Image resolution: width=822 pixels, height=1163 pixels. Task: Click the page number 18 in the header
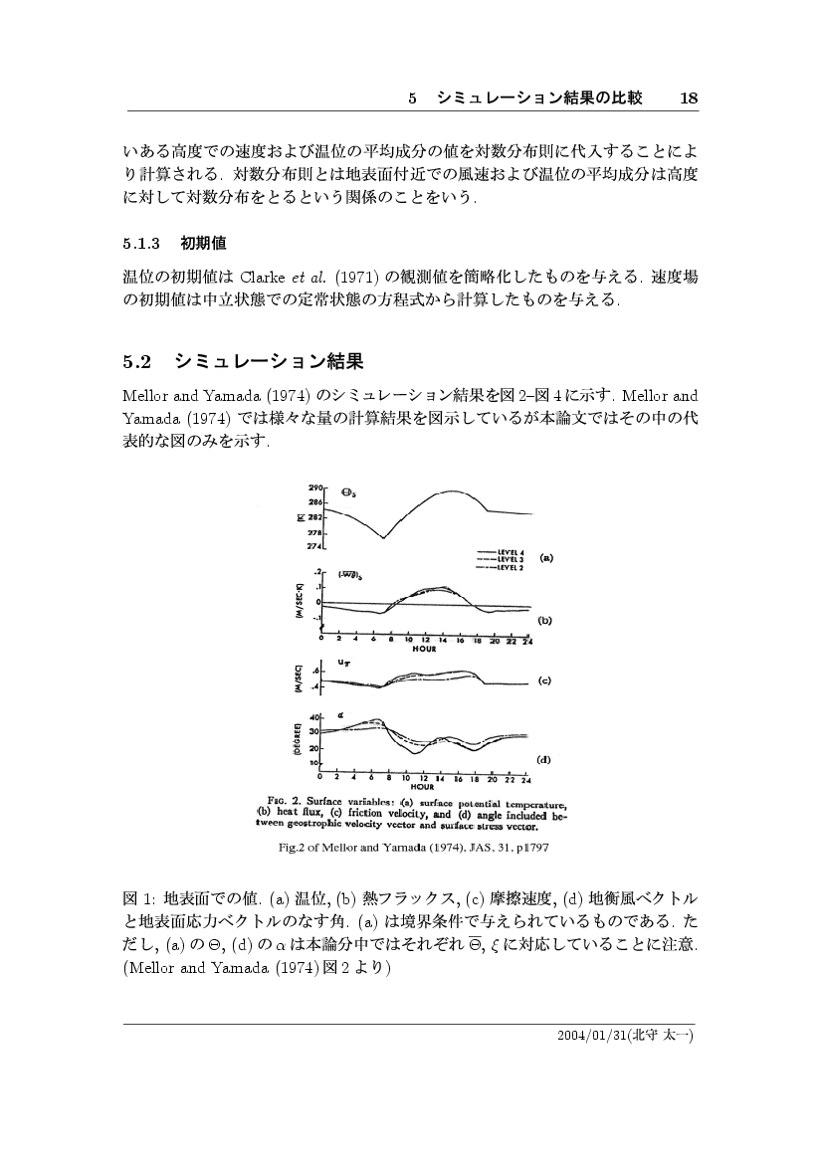[690, 97]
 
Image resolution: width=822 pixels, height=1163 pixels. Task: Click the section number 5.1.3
[139, 243]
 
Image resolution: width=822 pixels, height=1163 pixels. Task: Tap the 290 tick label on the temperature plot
[317, 489]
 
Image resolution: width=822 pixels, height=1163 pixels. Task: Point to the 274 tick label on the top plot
[317, 546]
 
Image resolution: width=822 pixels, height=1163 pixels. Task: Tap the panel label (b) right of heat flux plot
[544, 619]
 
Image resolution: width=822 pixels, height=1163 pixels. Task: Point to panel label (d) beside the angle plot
[544, 760]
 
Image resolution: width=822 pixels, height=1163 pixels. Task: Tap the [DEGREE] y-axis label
[297, 740]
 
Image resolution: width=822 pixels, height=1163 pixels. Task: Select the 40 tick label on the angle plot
[315, 717]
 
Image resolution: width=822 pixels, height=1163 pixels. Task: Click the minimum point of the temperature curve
[383, 538]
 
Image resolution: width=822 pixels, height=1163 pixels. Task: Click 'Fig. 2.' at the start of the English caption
[286, 799]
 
